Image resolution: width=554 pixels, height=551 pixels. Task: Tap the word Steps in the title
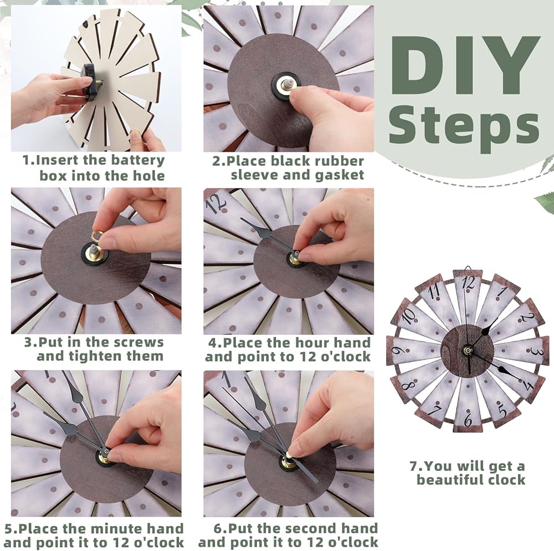click(x=464, y=127)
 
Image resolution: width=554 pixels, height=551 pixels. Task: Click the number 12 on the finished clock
click(x=469, y=283)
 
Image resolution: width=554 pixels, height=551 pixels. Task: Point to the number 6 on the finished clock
click(x=468, y=420)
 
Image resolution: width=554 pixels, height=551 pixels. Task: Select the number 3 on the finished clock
click(x=535, y=350)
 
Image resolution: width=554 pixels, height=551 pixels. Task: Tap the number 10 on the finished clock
click(x=408, y=316)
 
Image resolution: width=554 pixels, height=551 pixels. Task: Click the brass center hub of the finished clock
click(x=468, y=350)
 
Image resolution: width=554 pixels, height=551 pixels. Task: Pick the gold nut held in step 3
click(x=96, y=236)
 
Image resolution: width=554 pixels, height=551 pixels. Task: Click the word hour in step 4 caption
click(x=313, y=342)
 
